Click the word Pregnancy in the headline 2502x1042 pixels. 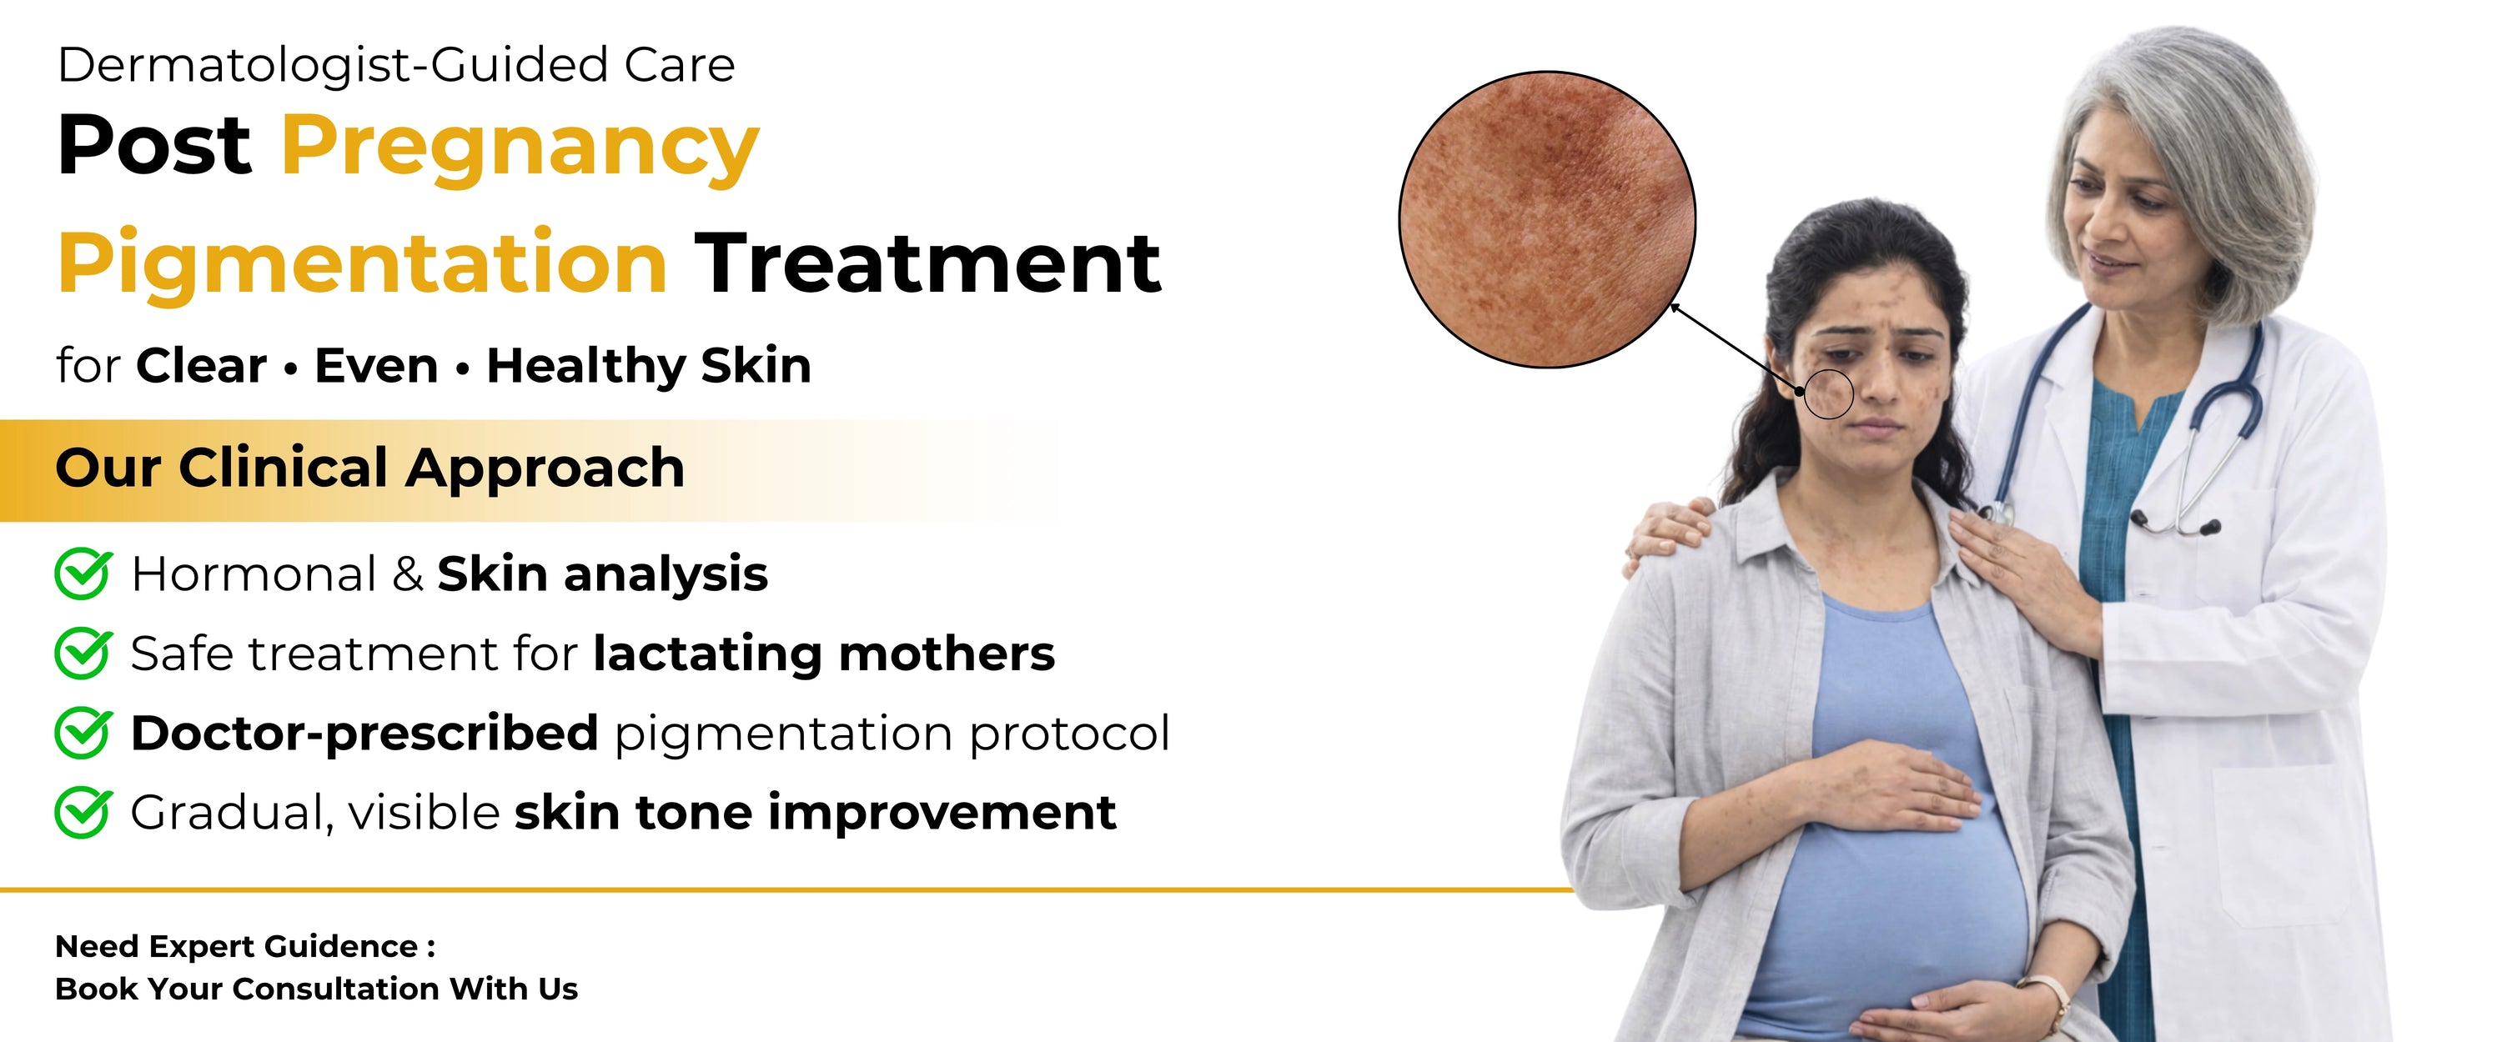click(520, 148)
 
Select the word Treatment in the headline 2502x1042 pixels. click(927, 263)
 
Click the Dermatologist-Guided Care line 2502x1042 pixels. click(396, 66)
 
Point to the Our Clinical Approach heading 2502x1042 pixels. click(370, 468)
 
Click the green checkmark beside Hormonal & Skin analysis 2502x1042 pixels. click(83, 573)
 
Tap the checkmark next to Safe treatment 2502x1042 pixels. click(83, 653)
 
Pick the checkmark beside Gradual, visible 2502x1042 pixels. click(83, 812)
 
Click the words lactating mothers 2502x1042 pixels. click(824, 654)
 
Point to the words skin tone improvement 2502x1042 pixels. click(815, 813)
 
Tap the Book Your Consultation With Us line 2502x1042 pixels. click(317, 989)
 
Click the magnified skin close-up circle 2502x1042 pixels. click(1546, 219)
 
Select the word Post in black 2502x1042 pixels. click(154, 146)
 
